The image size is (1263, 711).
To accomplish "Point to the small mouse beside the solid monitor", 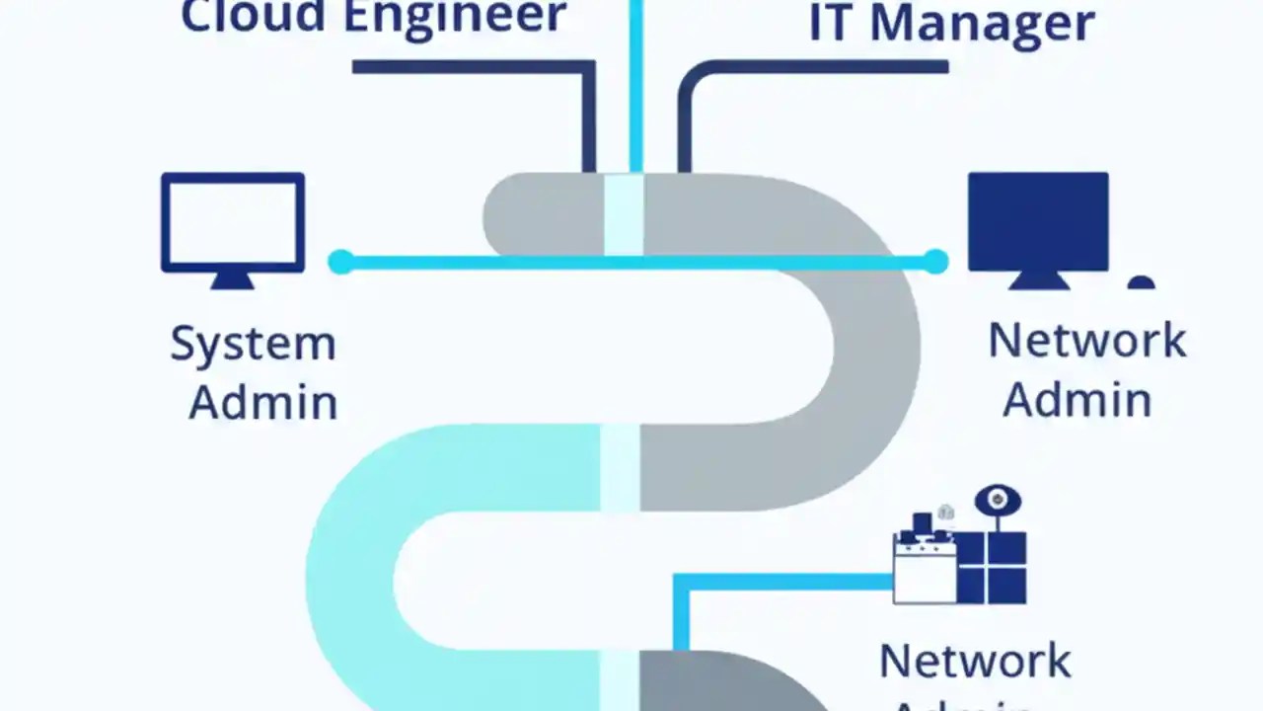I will (x=1142, y=282).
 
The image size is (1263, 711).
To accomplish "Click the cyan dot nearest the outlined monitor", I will (x=340, y=262).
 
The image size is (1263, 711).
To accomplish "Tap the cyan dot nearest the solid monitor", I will (x=935, y=262).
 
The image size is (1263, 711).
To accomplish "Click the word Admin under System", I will (x=263, y=402).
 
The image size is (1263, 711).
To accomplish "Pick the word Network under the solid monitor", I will (x=1086, y=341).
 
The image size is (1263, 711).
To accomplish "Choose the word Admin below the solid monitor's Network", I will (x=1077, y=399).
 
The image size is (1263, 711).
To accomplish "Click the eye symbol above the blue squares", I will (x=998, y=501).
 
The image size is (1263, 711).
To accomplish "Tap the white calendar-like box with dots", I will (x=925, y=570).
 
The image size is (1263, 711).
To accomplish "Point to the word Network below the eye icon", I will (x=975, y=661).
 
